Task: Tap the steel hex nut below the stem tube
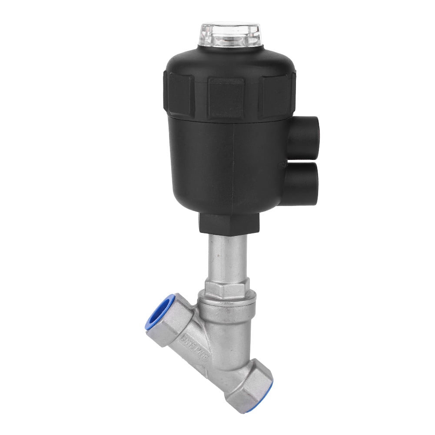pos(227,287)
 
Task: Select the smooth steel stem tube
pos(227,256)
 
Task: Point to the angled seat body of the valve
pos(217,343)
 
